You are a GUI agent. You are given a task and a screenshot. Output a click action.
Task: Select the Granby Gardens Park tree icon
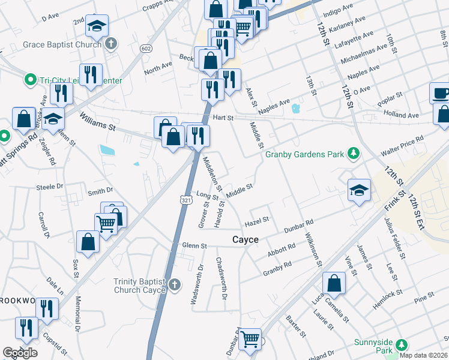354,154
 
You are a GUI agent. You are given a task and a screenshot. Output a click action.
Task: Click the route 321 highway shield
187,199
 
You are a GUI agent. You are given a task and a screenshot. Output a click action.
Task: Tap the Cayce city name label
246,239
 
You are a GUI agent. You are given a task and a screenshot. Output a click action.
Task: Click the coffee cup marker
441,93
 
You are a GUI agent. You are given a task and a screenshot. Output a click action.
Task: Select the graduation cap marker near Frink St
358,190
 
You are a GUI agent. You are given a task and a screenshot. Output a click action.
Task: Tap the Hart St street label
223,118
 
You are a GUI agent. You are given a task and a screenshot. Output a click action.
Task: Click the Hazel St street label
257,223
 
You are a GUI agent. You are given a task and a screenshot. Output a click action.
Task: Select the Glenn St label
194,245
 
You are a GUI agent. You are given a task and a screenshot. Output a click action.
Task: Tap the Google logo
20,352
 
